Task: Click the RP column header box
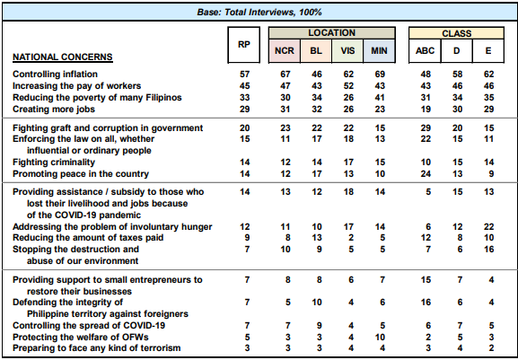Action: coord(244,45)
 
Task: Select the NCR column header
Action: coord(285,51)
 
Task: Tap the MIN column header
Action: coord(379,51)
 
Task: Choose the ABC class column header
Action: coord(425,51)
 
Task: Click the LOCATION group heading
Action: coord(331,33)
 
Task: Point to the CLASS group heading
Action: coord(457,33)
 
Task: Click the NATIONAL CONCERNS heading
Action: coord(63,57)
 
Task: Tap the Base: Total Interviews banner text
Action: coord(259,13)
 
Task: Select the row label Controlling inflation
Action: coord(55,75)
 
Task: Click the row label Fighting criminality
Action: coord(54,162)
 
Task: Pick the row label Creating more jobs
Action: coord(54,110)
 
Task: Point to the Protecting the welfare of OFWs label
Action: coord(81,338)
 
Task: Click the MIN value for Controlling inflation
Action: coord(380,75)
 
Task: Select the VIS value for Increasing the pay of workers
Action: coord(348,86)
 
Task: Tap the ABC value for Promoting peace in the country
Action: coord(426,174)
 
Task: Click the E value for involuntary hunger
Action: coord(488,227)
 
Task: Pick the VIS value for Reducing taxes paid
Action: coord(351,238)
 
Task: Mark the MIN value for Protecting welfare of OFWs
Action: coord(380,338)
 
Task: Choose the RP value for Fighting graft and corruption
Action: coord(244,128)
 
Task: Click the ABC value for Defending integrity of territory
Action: coord(426,303)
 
